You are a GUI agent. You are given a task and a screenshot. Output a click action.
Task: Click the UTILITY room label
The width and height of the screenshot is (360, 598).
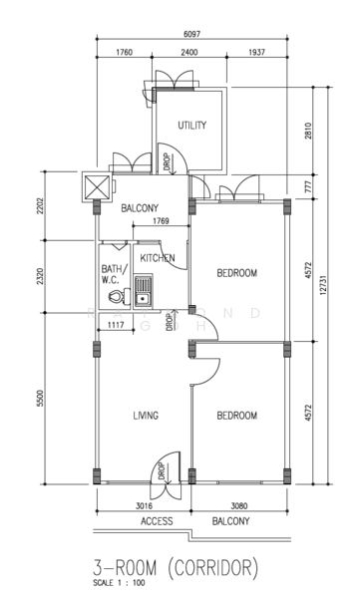pos(191,125)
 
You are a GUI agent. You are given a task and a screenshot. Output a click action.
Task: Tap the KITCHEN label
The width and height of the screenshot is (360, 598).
pos(158,258)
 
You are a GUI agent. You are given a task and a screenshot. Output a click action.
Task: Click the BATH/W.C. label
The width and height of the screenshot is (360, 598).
pos(112,274)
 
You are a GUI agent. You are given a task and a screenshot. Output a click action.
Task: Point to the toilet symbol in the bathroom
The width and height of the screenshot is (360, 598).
pos(118,297)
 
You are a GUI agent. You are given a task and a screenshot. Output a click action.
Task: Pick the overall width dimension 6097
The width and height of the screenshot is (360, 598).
pos(191,33)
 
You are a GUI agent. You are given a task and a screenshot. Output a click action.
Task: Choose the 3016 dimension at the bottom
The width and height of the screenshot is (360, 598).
pos(145,506)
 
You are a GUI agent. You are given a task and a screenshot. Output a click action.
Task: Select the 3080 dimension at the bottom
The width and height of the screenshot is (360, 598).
pos(239,506)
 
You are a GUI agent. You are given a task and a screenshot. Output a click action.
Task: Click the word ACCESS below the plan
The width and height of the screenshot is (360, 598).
pos(157,521)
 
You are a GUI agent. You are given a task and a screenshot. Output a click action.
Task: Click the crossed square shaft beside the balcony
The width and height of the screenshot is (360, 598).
pos(97,185)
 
